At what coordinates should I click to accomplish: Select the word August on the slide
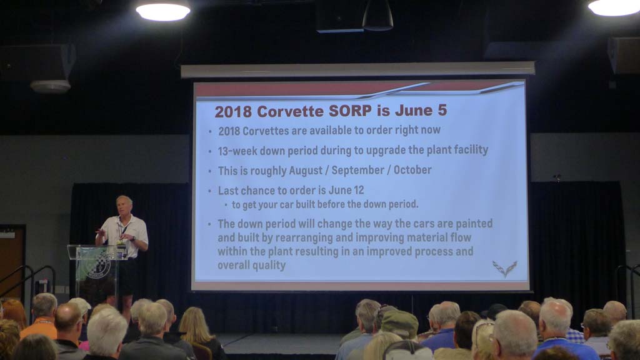pos(305,170)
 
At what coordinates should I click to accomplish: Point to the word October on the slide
pos(412,169)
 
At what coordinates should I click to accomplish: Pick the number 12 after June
pos(358,190)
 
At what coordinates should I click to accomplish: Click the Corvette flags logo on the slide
pos(505,269)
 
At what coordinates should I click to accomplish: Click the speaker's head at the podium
pos(124,205)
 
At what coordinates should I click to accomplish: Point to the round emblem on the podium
pos(98,266)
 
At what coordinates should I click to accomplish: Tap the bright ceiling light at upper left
pos(163,11)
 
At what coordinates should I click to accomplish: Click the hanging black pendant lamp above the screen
pos(377,16)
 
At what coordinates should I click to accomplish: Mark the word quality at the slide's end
pos(269,265)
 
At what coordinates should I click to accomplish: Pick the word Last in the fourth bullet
pos(228,191)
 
